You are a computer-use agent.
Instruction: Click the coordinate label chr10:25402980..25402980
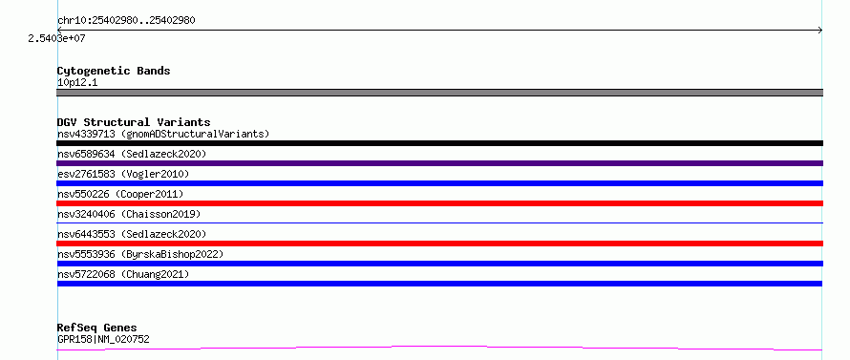click(x=126, y=21)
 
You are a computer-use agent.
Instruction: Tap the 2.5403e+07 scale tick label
click(x=57, y=38)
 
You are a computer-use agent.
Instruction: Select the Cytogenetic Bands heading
click(x=114, y=71)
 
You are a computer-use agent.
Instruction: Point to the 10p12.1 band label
click(x=77, y=83)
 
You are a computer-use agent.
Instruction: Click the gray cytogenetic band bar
click(x=439, y=93)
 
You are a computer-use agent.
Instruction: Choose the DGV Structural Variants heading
click(x=134, y=122)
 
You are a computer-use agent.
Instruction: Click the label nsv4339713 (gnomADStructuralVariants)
click(x=163, y=134)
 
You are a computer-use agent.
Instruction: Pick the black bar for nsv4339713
click(x=439, y=143)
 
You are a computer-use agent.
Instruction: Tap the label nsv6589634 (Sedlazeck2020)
click(x=132, y=154)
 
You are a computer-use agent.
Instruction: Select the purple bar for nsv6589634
click(x=439, y=163)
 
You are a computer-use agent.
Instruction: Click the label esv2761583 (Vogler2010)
click(x=123, y=174)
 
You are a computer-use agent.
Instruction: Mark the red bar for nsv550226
click(x=439, y=203)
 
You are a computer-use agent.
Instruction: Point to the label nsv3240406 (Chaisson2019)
click(x=129, y=214)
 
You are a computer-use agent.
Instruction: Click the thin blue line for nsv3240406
click(x=439, y=222)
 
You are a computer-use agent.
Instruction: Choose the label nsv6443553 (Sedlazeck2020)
click(x=132, y=234)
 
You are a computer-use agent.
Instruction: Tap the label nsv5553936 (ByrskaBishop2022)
click(x=140, y=254)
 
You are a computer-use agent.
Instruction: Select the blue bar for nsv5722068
click(x=439, y=284)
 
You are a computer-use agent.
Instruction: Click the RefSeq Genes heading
click(x=97, y=328)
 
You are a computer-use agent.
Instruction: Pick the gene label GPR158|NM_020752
click(x=103, y=339)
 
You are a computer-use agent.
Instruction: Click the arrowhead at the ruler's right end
click(x=820, y=31)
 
